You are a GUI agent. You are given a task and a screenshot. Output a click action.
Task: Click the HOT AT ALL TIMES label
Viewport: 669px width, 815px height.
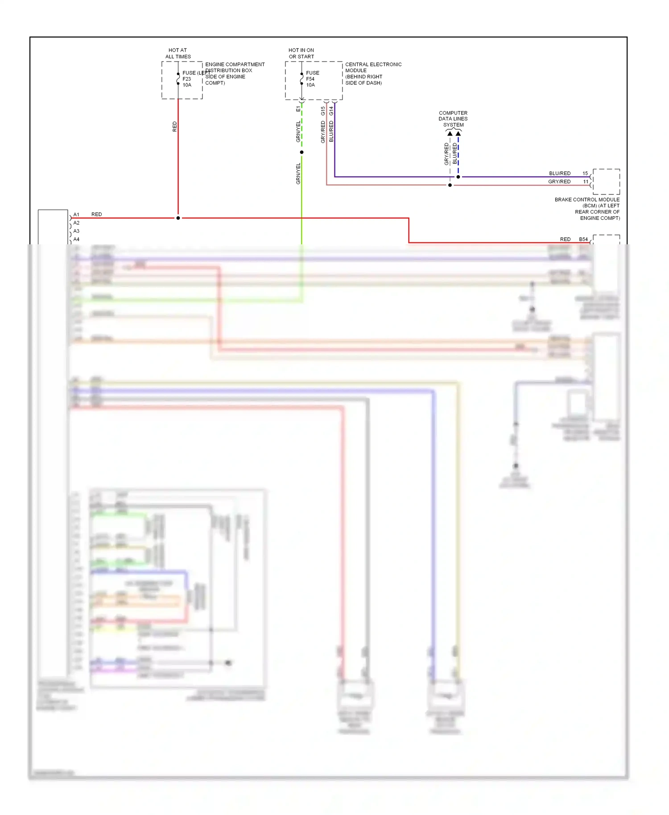178,54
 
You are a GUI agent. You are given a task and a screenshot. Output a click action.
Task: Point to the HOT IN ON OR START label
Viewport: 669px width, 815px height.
301,54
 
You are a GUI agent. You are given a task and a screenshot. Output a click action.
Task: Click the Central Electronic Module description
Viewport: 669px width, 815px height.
373,74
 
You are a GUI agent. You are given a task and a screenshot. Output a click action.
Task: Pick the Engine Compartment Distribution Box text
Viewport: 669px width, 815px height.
235,74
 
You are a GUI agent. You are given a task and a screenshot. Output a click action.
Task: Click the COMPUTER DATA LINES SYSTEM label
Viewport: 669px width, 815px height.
453,119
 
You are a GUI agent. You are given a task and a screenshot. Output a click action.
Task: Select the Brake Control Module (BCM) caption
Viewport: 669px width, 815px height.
587,209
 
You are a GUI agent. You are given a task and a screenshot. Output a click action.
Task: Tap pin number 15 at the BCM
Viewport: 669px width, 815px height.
585,173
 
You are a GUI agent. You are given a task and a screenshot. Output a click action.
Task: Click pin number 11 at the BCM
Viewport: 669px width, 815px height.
586,182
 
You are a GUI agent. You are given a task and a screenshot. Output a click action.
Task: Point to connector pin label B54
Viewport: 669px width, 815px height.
583,239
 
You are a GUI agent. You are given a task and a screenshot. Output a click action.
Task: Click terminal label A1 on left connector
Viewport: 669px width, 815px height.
76,214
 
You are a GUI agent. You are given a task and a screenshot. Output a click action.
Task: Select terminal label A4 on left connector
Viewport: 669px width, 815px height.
76,239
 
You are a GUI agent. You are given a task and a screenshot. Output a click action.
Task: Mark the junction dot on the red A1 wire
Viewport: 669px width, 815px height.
178,218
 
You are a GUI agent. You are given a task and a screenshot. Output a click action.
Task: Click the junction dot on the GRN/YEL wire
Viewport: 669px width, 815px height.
301,152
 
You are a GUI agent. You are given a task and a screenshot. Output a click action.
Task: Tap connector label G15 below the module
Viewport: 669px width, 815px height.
323,111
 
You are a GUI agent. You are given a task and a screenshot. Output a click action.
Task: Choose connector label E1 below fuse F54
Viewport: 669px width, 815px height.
298,109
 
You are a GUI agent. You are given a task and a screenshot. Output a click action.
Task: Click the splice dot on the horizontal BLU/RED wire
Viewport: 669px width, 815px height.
458,177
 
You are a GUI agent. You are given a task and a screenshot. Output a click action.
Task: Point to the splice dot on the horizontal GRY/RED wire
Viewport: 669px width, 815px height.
450,185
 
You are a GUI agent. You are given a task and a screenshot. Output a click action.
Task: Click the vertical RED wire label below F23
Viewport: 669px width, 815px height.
174,127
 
